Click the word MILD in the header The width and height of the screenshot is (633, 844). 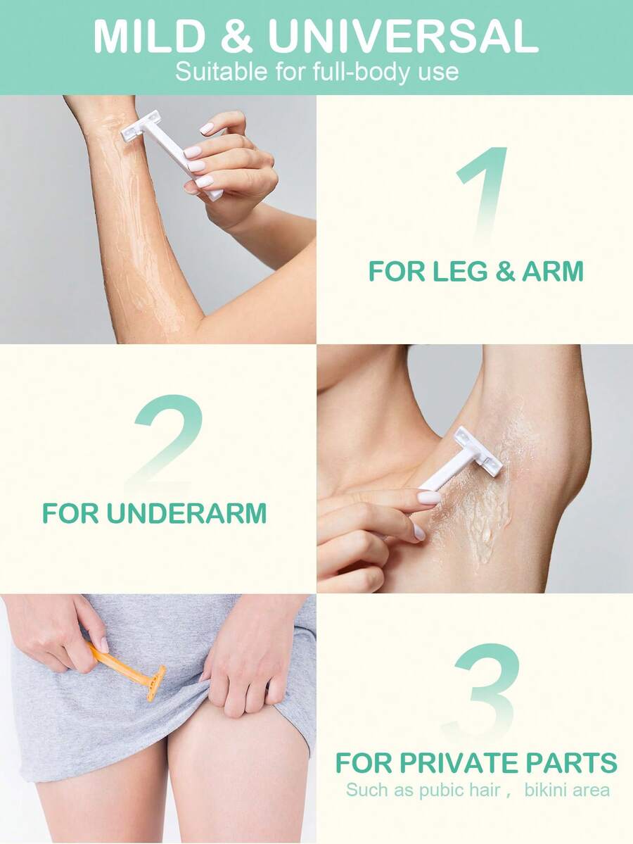(150, 36)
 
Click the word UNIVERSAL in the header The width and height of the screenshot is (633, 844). (403, 36)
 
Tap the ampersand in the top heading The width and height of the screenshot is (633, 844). (236, 36)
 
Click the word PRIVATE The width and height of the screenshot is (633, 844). (460, 763)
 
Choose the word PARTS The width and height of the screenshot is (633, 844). (572, 763)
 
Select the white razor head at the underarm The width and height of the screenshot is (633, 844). (478, 451)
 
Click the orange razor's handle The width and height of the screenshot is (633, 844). (117, 662)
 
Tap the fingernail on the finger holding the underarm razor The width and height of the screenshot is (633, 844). (429, 498)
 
